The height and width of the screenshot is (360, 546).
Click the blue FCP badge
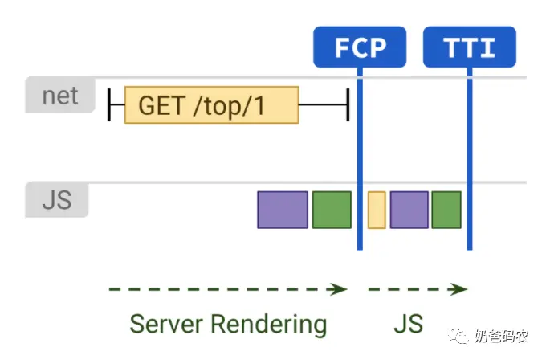tap(360, 47)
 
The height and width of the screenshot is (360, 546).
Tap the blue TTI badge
tap(470, 47)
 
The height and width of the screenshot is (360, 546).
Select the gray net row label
tap(60, 95)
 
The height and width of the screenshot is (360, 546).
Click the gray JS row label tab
tap(57, 200)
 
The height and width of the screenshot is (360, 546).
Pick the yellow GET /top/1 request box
tap(211, 105)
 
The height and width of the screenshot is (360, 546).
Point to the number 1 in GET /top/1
tap(259, 105)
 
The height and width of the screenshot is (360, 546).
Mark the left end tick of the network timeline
tap(109, 104)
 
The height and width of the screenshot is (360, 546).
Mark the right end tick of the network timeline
tap(348, 104)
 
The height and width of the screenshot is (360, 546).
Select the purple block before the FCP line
tap(283, 210)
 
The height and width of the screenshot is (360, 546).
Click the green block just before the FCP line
tap(332, 210)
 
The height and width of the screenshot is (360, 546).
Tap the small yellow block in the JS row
tap(377, 210)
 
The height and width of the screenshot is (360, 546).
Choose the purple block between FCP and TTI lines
tap(409, 210)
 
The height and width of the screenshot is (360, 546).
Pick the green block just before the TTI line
tap(446, 210)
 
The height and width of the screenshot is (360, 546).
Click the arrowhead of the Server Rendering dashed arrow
tap(339, 289)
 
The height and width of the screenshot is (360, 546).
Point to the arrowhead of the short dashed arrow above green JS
tap(458, 289)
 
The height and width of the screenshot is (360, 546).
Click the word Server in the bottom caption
tap(165, 324)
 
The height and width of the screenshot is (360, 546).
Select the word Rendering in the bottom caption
tap(269, 325)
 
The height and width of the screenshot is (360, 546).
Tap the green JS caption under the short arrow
tap(409, 324)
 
